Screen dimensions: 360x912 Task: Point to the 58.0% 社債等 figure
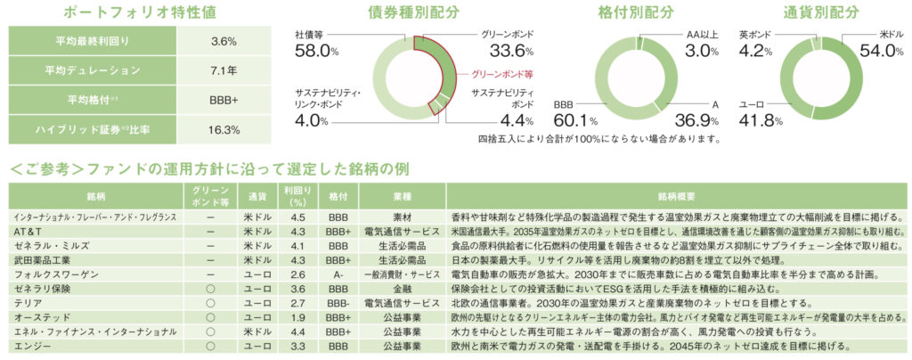pyautogui.click(x=316, y=51)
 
